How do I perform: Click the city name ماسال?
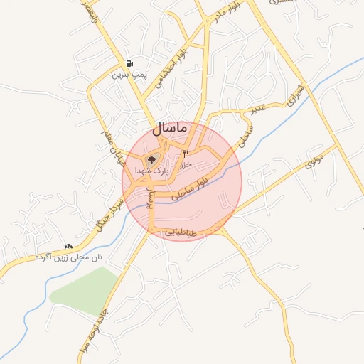point(169,129)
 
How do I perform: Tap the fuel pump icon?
point(128,63)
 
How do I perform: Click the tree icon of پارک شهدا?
point(151,159)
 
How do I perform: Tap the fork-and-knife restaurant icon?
point(186,153)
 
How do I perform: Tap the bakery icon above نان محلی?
point(68,245)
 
